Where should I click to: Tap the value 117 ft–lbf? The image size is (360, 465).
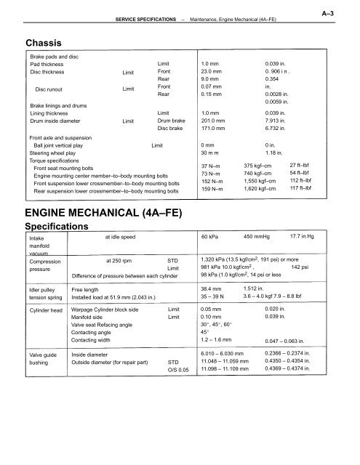pos(302,191)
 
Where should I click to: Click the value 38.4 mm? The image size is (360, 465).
pos(213,289)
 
